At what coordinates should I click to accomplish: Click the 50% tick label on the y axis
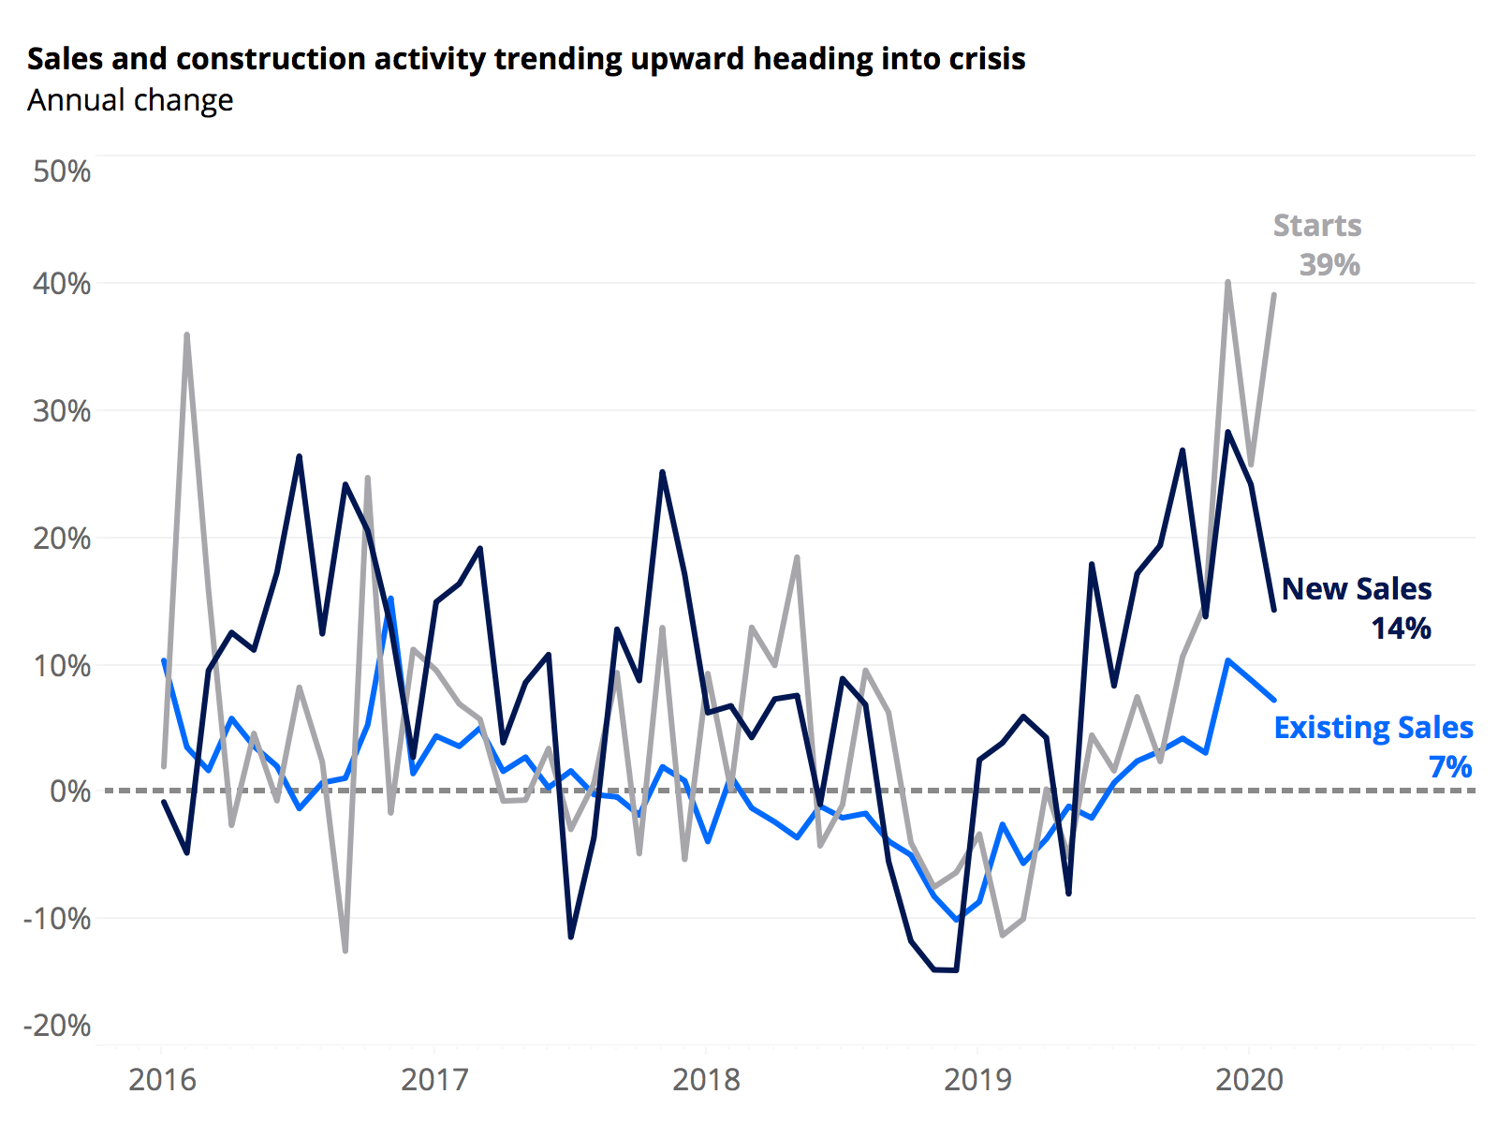coord(62,171)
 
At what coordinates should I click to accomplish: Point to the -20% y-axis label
coord(57,1025)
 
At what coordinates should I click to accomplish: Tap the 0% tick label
coord(70,791)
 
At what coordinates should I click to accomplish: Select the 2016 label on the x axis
coord(162,1080)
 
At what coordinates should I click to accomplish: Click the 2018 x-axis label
coord(706,1080)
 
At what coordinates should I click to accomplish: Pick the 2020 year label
coord(1249,1080)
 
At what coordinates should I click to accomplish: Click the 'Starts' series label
coord(1316,226)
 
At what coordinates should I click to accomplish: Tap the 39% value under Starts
coord(1329,265)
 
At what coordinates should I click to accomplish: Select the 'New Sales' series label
coord(1357,589)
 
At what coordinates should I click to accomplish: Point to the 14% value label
coord(1401,629)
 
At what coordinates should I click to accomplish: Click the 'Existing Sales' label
coord(1373,728)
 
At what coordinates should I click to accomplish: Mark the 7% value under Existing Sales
coord(1450,767)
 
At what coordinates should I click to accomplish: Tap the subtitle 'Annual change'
coord(130,100)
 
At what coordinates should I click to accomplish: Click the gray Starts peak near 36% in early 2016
coord(187,334)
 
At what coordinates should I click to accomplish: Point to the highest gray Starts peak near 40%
coord(1227,281)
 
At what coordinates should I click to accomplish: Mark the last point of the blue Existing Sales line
coord(1273,700)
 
